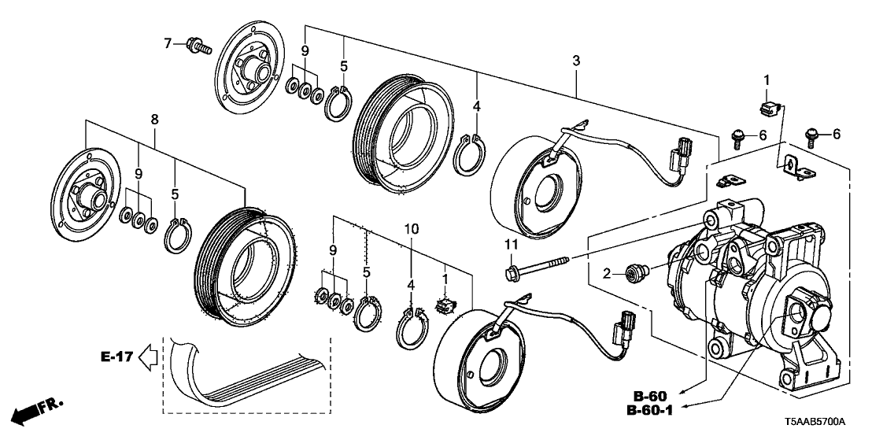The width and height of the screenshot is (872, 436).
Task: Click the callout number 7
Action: tap(167, 42)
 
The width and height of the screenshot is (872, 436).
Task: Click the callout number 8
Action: tap(153, 120)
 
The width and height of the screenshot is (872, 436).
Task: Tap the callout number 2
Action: tap(607, 274)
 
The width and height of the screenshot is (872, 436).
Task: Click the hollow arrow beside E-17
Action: tap(148, 359)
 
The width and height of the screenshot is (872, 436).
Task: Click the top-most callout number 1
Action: tap(767, 80)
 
